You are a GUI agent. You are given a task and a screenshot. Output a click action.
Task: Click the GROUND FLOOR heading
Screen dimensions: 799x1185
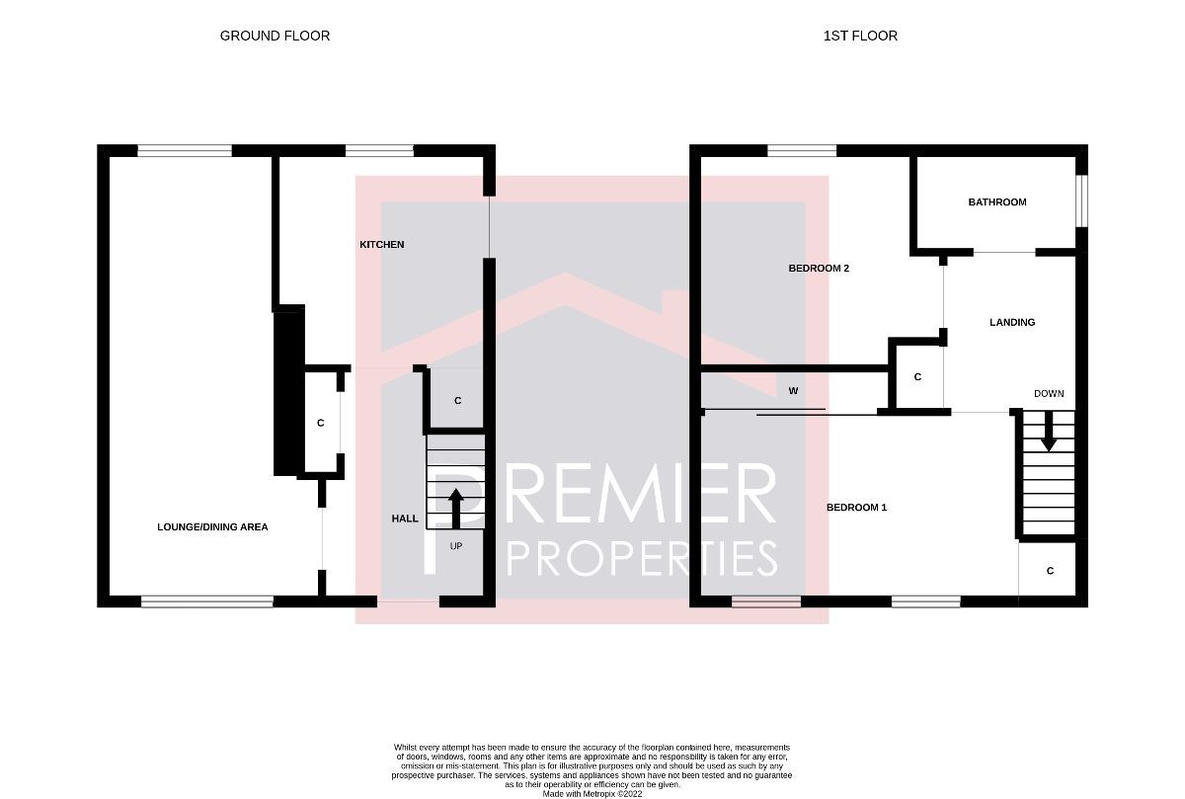click(275, 36)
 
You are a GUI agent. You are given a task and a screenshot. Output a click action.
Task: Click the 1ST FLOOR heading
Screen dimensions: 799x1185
click(860, 36)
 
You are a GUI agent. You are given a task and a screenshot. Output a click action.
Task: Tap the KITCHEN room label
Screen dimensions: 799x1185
click(381, 244)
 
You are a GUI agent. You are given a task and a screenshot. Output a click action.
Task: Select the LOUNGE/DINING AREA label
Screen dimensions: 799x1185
click(212, 527)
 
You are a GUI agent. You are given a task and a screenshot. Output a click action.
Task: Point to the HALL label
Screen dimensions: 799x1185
click(405, 519)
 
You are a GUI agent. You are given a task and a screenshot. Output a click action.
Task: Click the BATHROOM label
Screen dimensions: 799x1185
click(996, 202)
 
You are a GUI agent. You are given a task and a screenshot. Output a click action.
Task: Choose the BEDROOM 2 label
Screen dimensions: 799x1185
click(819, 269)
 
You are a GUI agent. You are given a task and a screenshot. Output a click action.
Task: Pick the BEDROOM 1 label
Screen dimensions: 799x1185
click(856, 508)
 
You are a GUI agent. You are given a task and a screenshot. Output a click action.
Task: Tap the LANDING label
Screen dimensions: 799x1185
click(1012, 322)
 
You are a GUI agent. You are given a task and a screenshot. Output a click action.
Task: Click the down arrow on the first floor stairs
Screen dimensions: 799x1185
click(1048, 433)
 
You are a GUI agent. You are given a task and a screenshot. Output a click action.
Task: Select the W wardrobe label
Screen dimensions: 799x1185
click(793, 391)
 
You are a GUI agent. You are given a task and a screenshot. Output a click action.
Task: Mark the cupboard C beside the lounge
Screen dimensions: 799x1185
click(320, 423)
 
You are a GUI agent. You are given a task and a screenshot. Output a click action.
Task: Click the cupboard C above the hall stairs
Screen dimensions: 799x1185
click(457, 401)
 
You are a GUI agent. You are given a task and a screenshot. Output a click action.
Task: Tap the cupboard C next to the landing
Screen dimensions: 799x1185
click(917, 377)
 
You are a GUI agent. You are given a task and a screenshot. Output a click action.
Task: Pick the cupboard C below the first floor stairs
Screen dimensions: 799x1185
click(1050, 571)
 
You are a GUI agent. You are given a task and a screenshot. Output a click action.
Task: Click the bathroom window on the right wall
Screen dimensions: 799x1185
click(1081, 201)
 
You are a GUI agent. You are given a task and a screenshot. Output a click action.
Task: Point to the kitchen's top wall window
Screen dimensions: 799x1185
click(379, 151)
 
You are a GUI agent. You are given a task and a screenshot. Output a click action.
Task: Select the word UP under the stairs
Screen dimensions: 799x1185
click(456, 545)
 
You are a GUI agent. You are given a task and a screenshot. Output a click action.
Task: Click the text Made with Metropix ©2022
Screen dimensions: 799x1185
click(592, 793)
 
